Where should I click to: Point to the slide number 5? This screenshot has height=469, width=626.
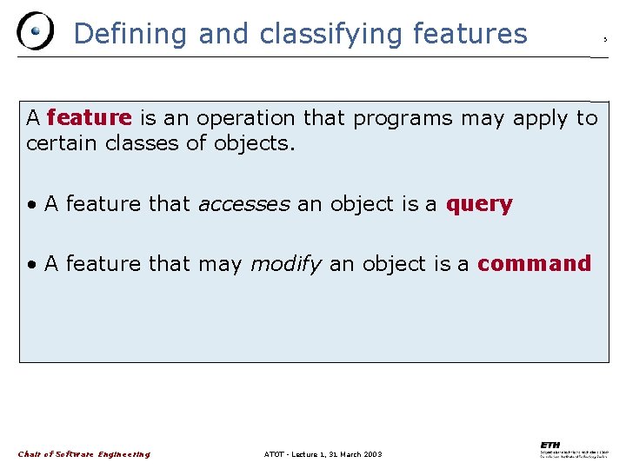[x=605, y=40]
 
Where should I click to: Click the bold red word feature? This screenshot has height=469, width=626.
[x=89, y=117]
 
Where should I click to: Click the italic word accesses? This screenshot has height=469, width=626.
[x=243, y=204]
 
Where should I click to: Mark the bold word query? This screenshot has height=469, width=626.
[x=479, y=205]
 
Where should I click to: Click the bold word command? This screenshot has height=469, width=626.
[x=534, y=263]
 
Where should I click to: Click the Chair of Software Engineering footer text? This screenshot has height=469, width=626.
[x=84, y=454]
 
